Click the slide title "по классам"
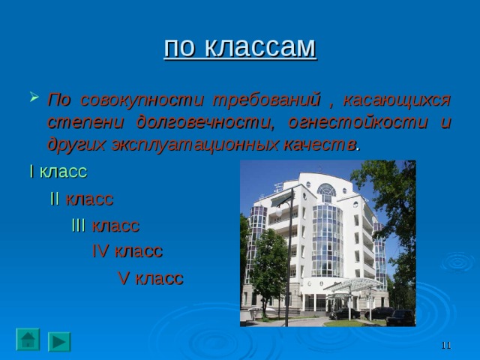pyautogui.click(x=240, y=47)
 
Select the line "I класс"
pyautogui.click(x=58, y=171)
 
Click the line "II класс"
pyautogui.click(x=82, y=199)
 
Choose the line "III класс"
pyautogui.click(x=105, y=226)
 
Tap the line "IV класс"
pyautogui.click(x=127, y=251)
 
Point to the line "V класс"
pyautogui.click(x=151, y=278)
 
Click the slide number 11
pyautogui.click(x=445, y=344)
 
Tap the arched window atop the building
pyautogui.click(x=326, y=192)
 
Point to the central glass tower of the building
pyautogui.click(x=328, y=240)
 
